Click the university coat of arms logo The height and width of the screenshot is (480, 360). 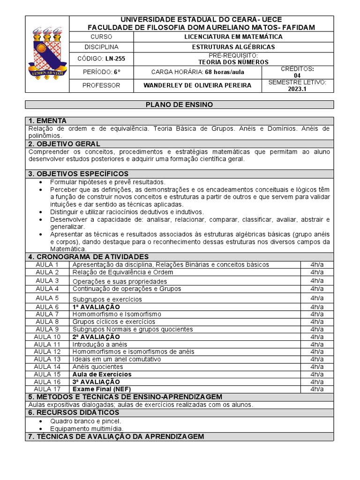click(x=47, y=54)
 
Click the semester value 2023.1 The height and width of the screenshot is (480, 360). click(x=297, y=89)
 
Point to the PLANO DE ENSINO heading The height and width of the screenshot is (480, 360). click(x=180, y=105)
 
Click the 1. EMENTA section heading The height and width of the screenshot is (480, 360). click(x=48, y=120)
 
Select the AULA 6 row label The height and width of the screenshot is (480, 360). click(x=47, y=307)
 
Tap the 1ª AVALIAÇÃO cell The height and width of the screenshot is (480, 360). click(x=93, y=307)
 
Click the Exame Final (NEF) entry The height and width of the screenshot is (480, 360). click(x=101, y=389)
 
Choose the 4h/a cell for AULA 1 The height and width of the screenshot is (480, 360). click(x=317, y=264)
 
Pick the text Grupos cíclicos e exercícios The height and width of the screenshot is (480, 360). click(x=113, y=322)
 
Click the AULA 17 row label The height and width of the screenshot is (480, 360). click(x=47, y=389)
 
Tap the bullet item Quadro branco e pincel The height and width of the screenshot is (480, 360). click(x=85, y=421)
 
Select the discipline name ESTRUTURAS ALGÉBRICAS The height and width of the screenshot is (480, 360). click(x=233, y=47)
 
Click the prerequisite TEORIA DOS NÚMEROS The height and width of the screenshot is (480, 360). click(x=233, y=62)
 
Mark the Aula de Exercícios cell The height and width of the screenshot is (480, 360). click(x=102, y=374)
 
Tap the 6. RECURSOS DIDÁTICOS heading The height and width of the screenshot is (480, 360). click(x=74, y=412)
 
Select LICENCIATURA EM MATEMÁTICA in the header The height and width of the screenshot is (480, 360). click(x=233, y=36)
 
